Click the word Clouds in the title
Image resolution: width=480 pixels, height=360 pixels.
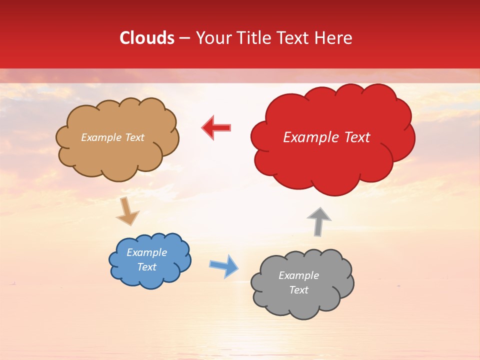tap(147, 38)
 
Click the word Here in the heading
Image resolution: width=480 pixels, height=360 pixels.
tap(334, 38)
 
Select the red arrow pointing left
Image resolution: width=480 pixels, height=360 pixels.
tap(216, 127)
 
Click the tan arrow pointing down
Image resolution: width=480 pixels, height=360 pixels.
tap(127, 212)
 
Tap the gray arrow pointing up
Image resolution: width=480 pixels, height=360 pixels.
tap(319, 221)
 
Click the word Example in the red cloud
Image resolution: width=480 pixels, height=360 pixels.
tap(309, 137)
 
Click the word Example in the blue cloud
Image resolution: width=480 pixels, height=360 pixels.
tap(146, 252)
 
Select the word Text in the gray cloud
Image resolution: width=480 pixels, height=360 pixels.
tap(298, 290)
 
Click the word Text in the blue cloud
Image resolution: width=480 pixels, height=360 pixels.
tap(146, 267)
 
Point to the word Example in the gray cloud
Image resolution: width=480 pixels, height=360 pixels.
tap(298, 275)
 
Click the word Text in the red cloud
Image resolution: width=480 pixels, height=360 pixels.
tap(354, 137)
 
